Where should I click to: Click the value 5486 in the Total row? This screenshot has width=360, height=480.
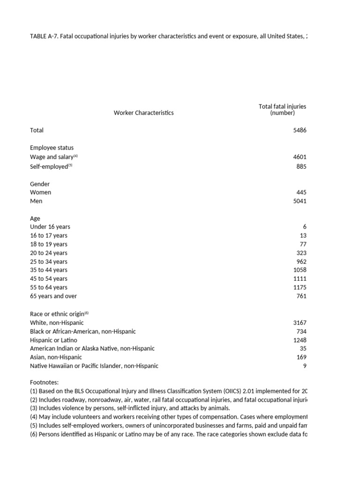coord(300,130)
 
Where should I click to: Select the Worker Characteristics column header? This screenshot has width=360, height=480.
coord(143,112)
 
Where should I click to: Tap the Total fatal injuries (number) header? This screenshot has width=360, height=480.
coord(282,110)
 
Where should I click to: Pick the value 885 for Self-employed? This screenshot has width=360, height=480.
coord(301,166)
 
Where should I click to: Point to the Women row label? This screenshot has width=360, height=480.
coord(41,192)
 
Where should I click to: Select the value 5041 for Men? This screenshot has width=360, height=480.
coord(300,201)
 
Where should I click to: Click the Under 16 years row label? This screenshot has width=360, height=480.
coord(50,227)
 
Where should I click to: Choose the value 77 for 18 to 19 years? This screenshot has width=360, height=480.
coord(302,244)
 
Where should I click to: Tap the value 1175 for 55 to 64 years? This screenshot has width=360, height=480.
coord(300,287)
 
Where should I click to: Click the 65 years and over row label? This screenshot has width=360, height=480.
coord(53,296)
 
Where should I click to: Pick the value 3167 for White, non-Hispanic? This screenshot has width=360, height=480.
coord(300,323)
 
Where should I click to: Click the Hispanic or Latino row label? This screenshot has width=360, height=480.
coord(53,340)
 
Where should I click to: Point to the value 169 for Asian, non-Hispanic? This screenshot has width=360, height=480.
coord(301,357)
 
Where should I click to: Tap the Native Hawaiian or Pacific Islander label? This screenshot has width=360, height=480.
coord(94,366)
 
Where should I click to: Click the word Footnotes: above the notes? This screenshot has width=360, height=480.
coord(45,382)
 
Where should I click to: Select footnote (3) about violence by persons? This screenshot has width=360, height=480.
coord(130,408)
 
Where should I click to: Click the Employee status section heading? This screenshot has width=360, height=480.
coord(52,148)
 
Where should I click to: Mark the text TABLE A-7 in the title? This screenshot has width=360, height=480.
coord(43,37)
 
